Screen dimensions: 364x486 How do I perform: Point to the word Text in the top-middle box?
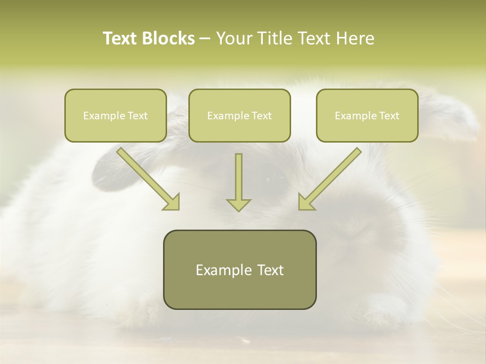262,116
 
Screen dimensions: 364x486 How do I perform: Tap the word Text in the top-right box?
389,116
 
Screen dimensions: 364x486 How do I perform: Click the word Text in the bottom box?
271,270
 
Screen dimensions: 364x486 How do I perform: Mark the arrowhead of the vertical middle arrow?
238,205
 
